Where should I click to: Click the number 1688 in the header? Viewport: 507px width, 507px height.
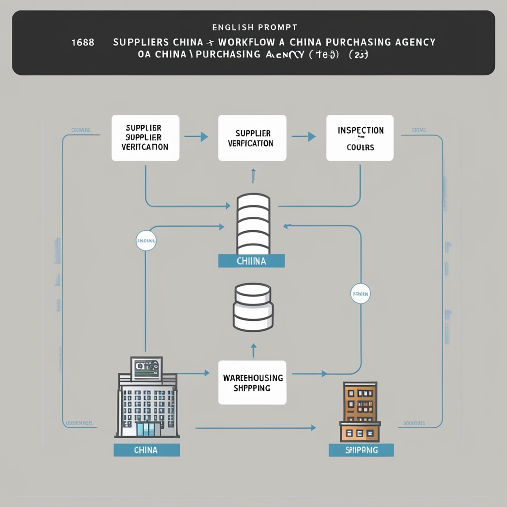[83, 42]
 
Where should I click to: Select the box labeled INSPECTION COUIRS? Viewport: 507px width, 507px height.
[360, 138]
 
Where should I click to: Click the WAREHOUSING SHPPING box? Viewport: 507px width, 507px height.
[253, 382]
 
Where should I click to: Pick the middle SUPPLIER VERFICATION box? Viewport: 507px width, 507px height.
[252, 138]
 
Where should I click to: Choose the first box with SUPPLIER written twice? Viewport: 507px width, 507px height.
[145, 138]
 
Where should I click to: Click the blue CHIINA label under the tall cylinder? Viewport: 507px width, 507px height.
[252, 261]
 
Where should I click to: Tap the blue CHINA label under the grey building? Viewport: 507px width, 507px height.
[146, 450]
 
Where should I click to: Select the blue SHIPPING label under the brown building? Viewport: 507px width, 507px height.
[361, 450]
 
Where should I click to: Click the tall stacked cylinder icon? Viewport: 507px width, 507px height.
[253, 224]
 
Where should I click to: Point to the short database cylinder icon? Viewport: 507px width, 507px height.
[253, 307]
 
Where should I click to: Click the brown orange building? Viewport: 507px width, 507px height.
[360, 411]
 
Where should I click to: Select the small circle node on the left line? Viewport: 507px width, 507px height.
[146, 241]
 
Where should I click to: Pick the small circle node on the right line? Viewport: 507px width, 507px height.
[360, 294]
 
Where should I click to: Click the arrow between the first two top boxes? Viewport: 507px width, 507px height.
[199, 136]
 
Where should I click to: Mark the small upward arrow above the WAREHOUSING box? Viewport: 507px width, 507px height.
[253, 350]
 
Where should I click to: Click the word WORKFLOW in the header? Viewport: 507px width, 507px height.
[251, 42]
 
